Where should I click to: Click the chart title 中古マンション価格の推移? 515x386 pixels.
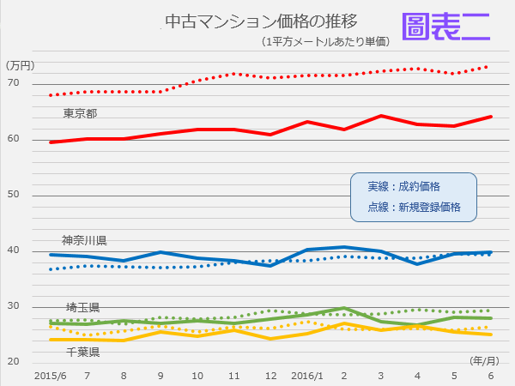point(248,21)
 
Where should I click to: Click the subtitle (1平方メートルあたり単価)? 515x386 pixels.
point(327,41)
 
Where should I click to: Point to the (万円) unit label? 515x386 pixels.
point(20,65)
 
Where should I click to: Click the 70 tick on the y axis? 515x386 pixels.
point(15,83)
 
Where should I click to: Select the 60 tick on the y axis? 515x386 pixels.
point(15,139)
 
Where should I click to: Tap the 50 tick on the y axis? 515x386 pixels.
point(15,195)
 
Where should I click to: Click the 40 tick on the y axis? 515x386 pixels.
point(15,250)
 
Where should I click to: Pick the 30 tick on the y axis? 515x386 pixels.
point(15,306)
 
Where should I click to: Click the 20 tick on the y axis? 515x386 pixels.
point(15,361)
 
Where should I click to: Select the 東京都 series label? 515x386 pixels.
point(80,113)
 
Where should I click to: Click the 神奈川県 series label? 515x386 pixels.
point(84,240)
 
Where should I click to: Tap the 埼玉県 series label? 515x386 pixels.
point(83,307)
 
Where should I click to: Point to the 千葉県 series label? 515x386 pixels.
point(83,352)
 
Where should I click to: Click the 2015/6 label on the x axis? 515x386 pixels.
point(51,376)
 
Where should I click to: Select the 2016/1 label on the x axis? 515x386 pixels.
point(307,376)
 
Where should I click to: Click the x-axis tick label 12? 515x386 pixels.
point(271,376)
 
